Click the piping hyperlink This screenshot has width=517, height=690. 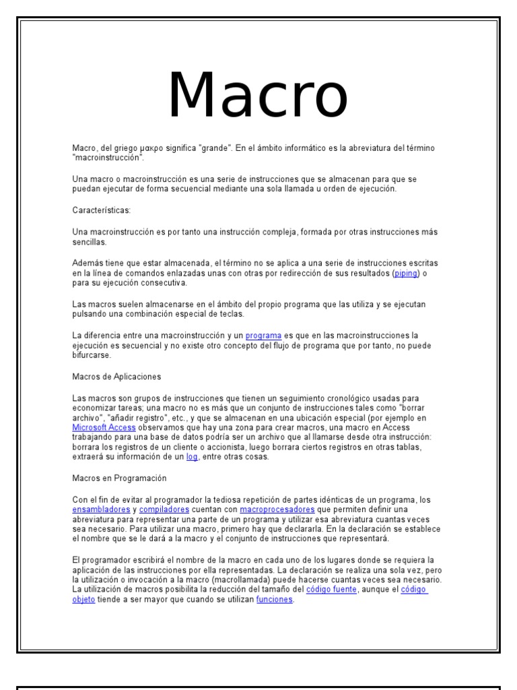tap(407, 274)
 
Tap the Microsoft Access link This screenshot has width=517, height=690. tap(104, 428)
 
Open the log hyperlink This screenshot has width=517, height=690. tap(193, 458)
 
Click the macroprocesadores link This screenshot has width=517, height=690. tap(277, 509)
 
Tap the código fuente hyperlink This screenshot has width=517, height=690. tap(332, 590)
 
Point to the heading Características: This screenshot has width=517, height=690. tap(98, 210)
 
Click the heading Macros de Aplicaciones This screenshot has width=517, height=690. tap(116, 376)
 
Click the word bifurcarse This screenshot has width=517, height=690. tap(91, 355)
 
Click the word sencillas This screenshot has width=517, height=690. tap(90, 241)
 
